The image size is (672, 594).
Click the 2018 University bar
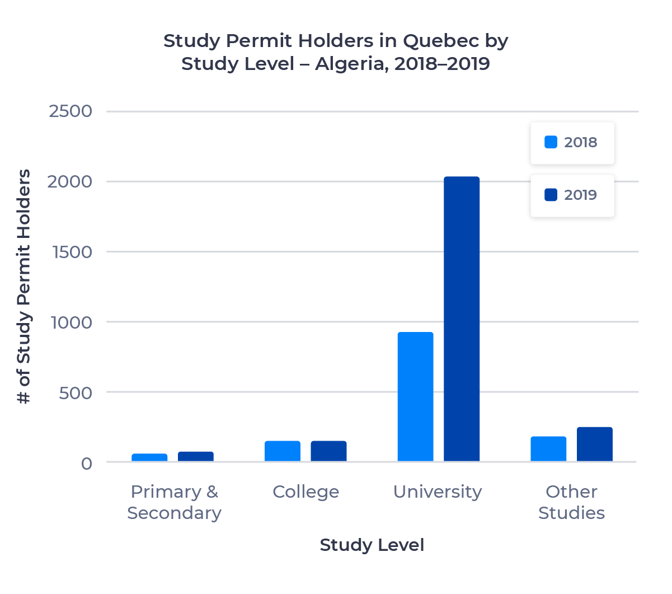pyautogui.click(x=415, y=397)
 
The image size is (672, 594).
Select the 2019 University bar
pyautogui.click(x=462, y=319)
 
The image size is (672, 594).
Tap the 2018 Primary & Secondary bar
pyautogui.click(x=149, y=458)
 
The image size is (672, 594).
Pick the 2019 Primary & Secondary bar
pyautogui.click(x=196, y=457)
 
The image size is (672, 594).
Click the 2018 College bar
pyautogui.click(x=283, y=451)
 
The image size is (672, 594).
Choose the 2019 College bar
pyautogui.click(x=328, y=451)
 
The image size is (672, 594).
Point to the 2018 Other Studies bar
pyautogui.click(x=548, y=449)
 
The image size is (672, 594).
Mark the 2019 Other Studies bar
pyautogui.click(x=595, y=445)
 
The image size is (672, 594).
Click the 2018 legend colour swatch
pyautogui.click(x=551, y=142)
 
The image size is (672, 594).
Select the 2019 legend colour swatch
pyautogui.click(x=551, y=195)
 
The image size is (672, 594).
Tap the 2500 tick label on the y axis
pyautogui.click(x=71, y=111)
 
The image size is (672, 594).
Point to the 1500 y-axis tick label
pyautogui.click(x=72, y=252)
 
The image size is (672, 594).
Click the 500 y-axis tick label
pyautogui.click(x=76, y=393)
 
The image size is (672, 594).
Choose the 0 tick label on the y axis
pyautogui.click(x=86, y=464)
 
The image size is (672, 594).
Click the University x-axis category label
pyautogui.click(x=438, y=492)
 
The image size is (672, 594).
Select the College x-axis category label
pyautogui.click(x=306, y=492)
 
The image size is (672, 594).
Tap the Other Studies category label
pyautogui.click(x=571, y=502)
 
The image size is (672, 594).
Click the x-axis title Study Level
pyautogui.click(x=372, y=545)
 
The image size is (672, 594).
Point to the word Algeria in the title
pyautogui.click(x=350, y=64)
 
